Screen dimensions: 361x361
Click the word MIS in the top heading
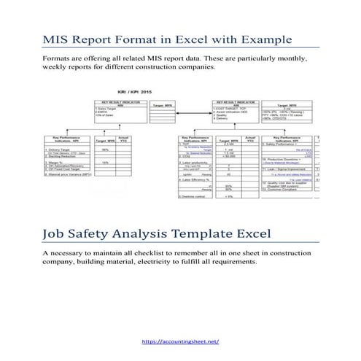point(58,39)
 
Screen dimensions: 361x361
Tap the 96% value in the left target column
point(105,150)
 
